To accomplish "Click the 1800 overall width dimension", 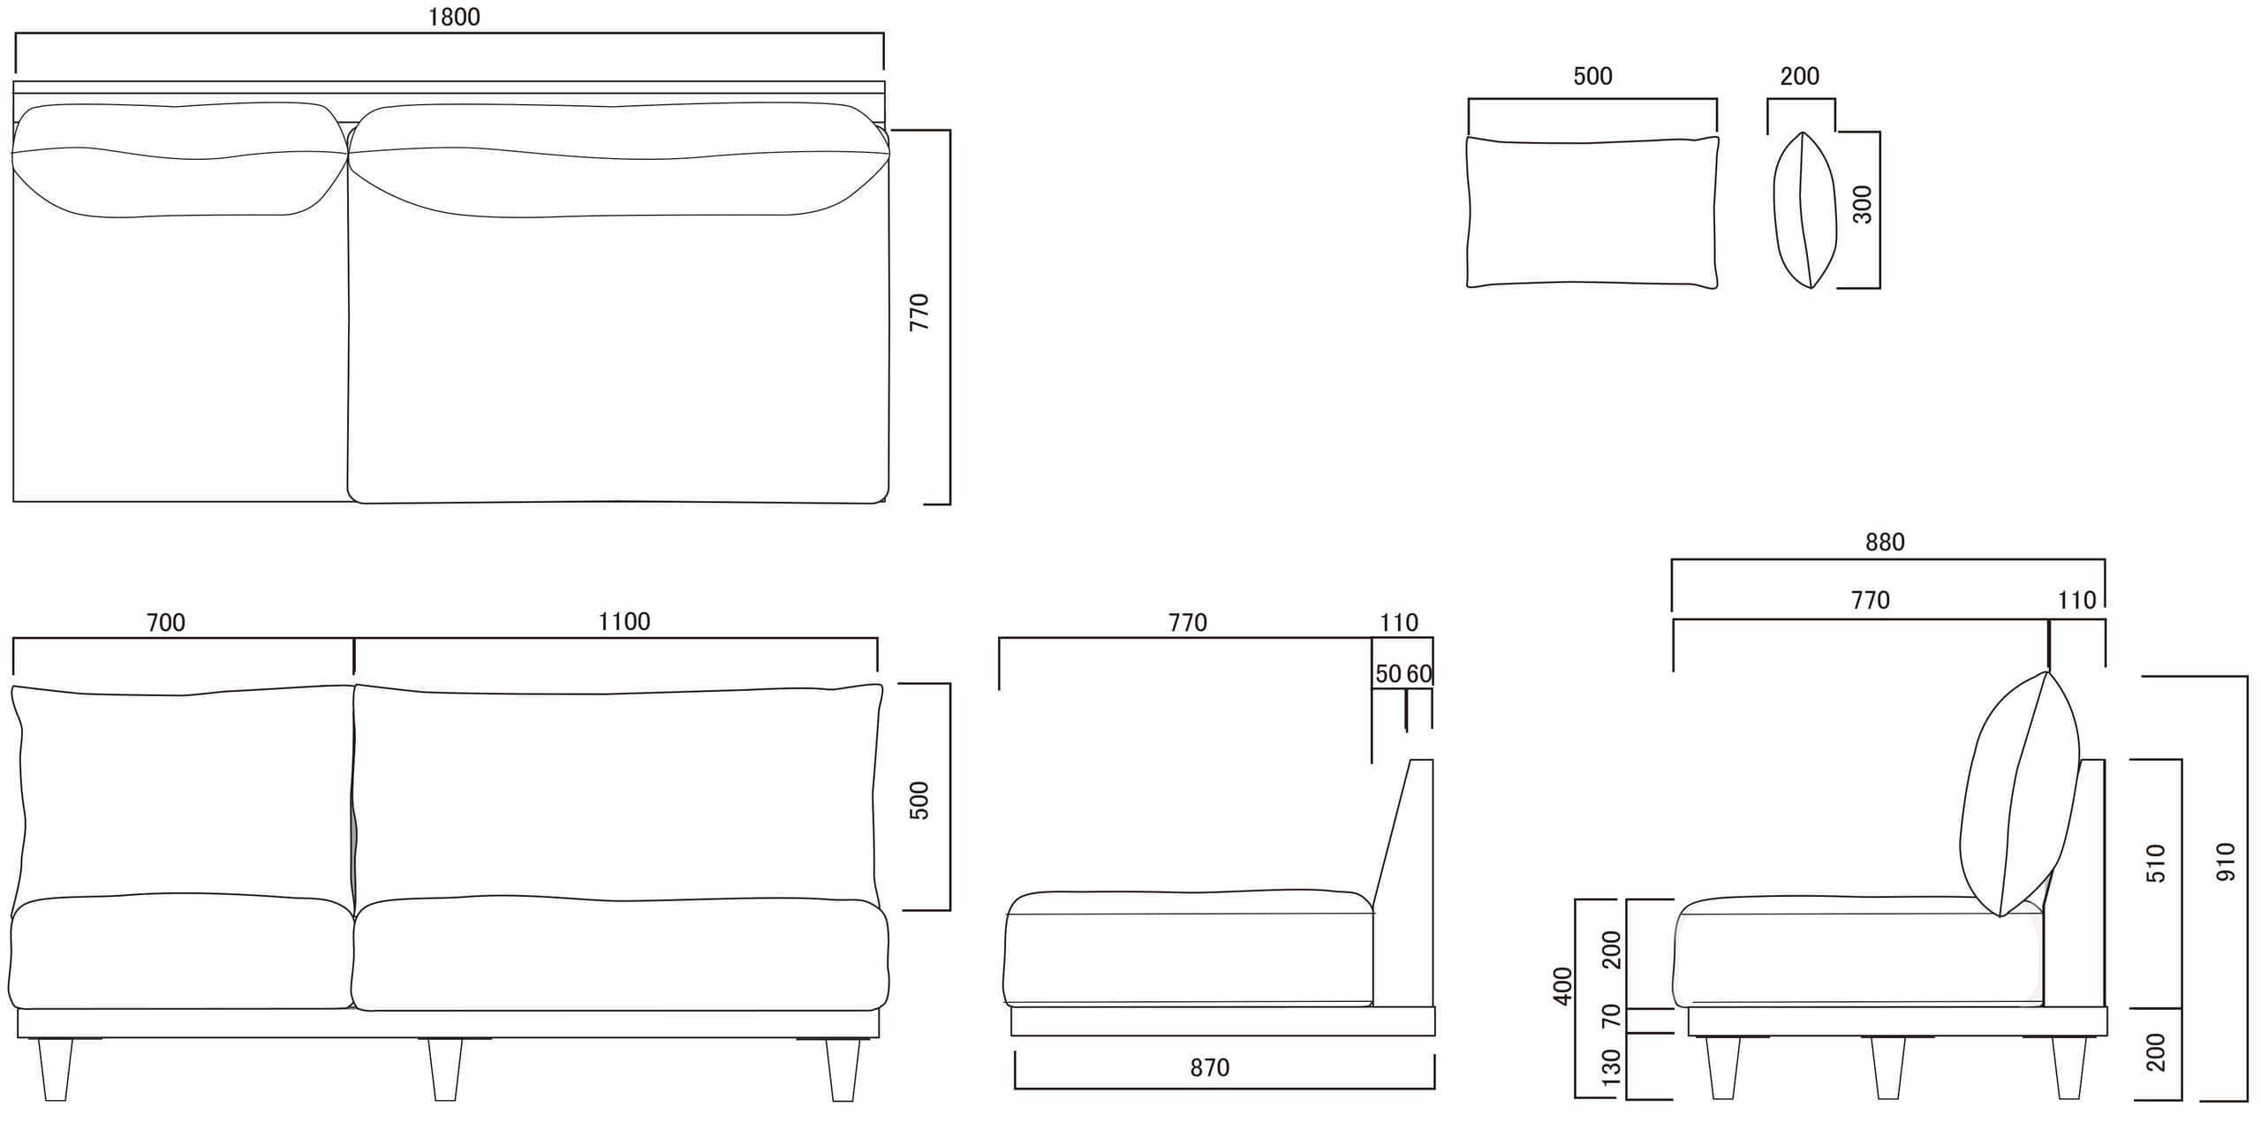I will [x=454, y=18].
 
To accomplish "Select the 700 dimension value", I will [x=166, y=623].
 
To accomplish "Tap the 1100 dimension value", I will [x=624, y=622].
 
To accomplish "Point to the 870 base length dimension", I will [x=1209, y=1068].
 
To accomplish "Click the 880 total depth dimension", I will [x=1884, y=543].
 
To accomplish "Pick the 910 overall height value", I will [x=2226, y=861].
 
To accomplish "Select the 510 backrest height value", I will [x=2156, y=863].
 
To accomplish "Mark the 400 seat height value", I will [x=1563, y=985].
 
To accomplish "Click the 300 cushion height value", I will [x=1862, y=204].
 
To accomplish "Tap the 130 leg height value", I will [x=1612, y=1067].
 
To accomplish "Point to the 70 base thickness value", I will [x=1612, y=1016].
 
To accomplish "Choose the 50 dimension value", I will [x=1388, y=674].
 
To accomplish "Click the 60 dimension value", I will [x=1418, y=674].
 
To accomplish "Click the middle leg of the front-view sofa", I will [x=445, y=1069].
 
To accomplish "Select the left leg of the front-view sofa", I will [x=56, y=1069].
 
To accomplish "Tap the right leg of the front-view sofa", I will [x=843, y=1069].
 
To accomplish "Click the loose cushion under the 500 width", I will [x=1592, y=212].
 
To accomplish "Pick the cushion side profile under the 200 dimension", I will [x=1805, y=210].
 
